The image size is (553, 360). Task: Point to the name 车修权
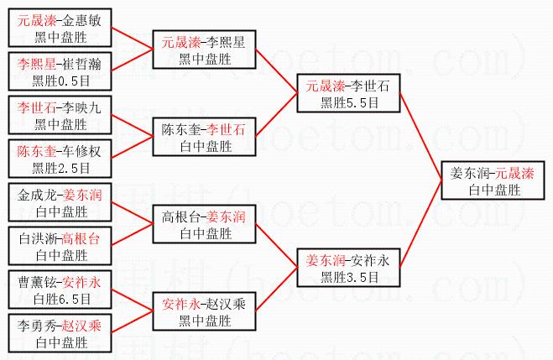81,152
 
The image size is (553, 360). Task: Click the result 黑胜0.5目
60,81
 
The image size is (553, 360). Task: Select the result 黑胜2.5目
60,167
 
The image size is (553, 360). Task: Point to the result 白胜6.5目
60,298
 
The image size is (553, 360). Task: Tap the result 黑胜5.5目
347,102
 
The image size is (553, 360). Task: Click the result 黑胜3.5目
347,274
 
